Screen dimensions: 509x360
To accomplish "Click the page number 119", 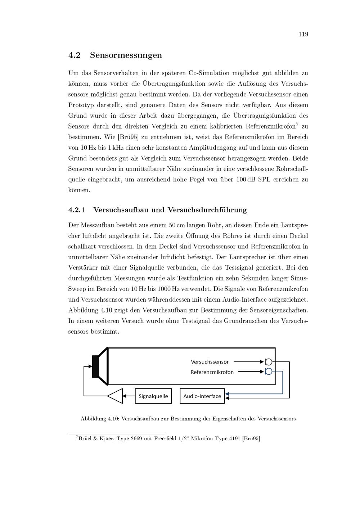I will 303,34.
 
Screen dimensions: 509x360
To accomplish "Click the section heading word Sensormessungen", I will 126,55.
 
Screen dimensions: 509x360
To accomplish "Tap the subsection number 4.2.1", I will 76,210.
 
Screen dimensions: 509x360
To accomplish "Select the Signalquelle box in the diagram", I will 153,396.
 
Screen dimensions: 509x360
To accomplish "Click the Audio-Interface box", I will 202,396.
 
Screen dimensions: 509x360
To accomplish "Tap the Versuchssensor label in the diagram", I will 210,362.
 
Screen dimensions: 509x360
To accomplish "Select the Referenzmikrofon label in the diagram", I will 212,372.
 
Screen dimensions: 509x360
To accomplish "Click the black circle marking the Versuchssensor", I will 268,362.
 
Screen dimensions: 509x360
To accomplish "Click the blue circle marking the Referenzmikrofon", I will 268,371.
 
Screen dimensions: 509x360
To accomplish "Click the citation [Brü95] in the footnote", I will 251,438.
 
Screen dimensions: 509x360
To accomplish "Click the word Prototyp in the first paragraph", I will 81,105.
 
